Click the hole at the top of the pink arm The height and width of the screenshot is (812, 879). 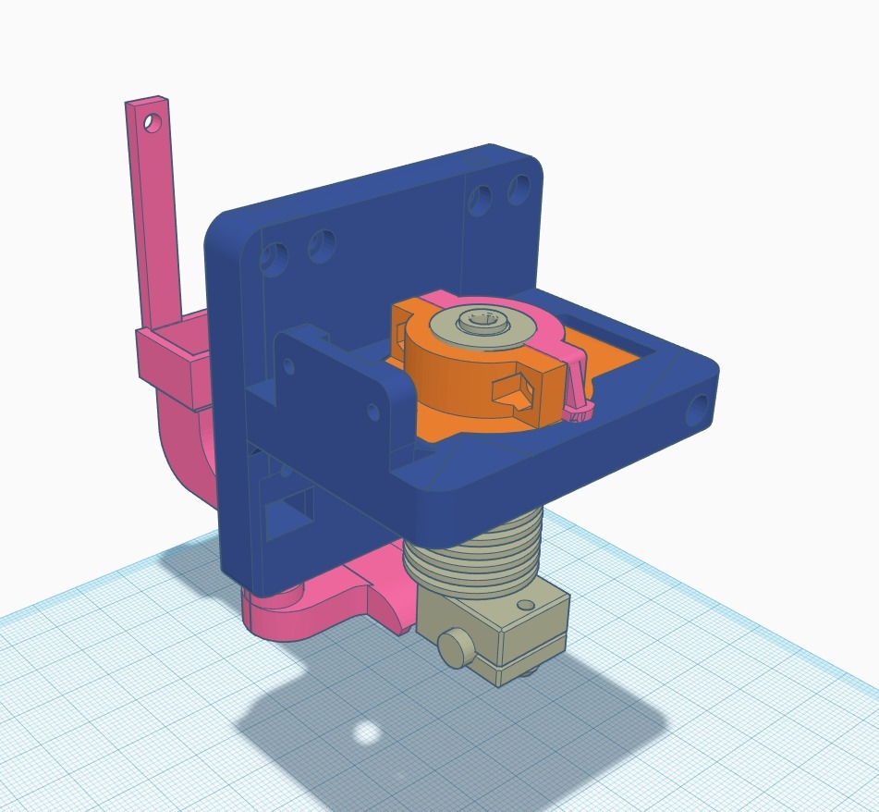point(153,121)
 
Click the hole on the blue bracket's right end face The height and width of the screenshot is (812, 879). point(699,404)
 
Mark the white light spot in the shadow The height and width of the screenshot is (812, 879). point(367,733)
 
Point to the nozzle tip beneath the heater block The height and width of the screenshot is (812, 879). point(527,674)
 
